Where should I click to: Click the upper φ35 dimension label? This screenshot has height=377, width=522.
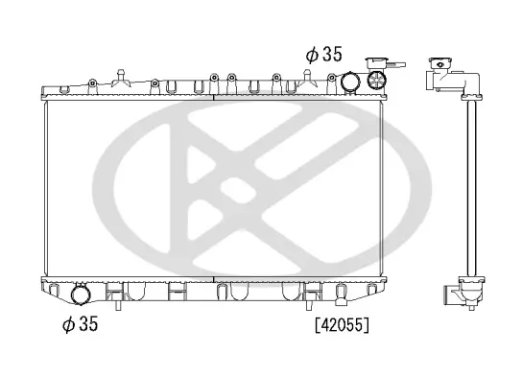tap(323, 55)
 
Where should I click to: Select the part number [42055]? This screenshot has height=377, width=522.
tap(342, 325)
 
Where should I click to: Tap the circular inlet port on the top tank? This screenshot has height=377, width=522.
tap(351, 81)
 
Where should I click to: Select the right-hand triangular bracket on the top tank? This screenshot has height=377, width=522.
tap(309, 79)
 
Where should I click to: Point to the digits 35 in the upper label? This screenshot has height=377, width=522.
tap(331, 55)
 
